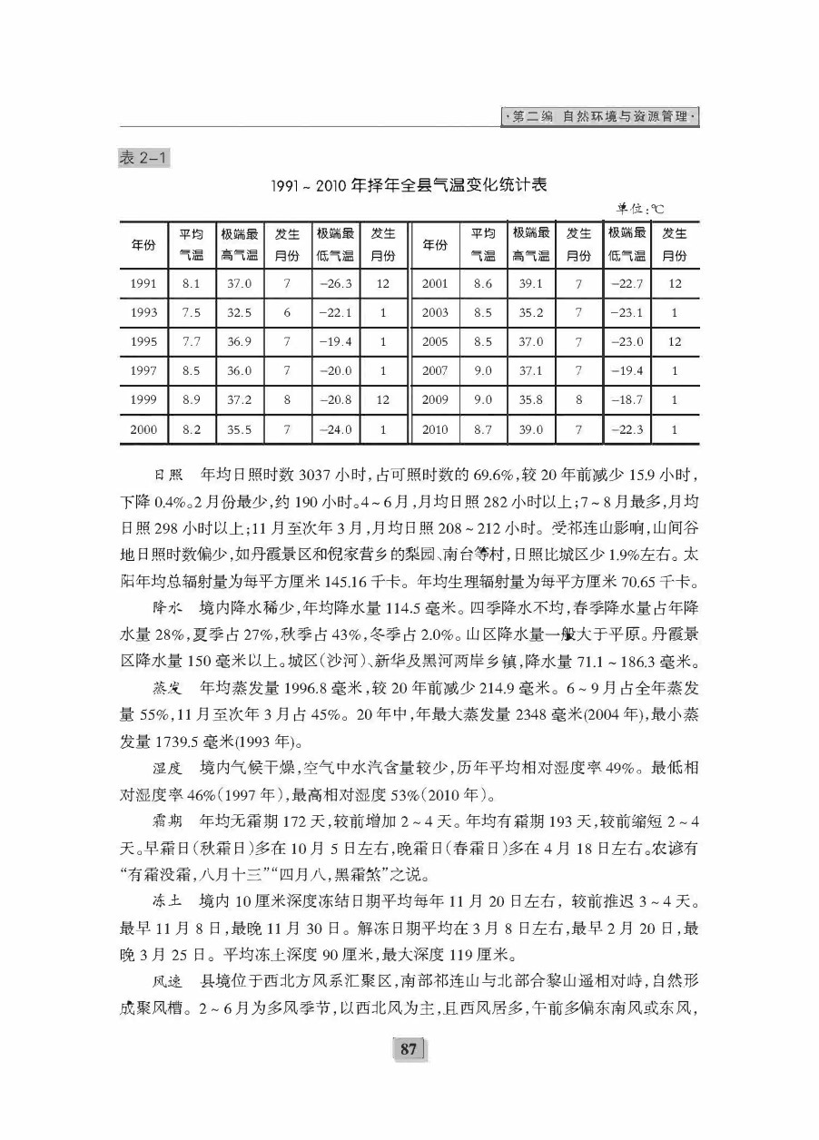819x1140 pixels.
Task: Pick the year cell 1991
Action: pos(143,283)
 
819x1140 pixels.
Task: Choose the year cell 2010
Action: pos(435,428)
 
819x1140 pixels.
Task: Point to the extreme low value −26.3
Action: pos(336,283)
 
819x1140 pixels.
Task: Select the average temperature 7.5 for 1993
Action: pos(191,312)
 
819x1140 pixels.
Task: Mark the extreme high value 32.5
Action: pos(240,312)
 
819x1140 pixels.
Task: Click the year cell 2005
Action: pos(435,341)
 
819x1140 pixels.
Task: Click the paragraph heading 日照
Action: pos(168,475)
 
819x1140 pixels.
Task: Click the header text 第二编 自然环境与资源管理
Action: pos(602,117)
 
